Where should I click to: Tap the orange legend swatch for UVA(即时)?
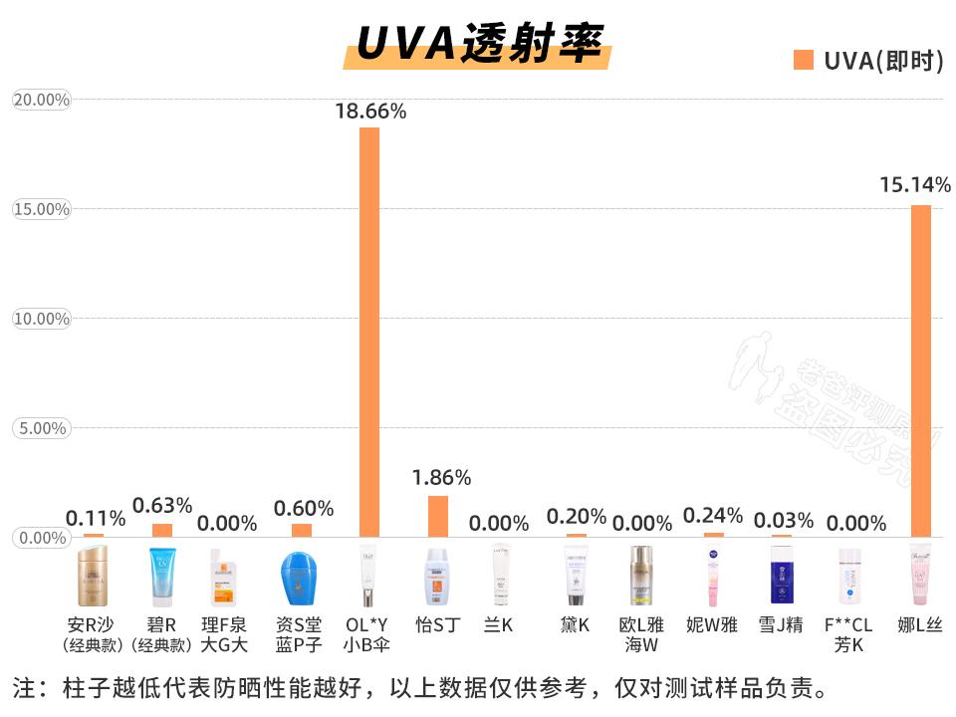click(803, 61)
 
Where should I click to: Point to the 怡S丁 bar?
click(438, 516)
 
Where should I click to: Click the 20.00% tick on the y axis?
click(41, 100)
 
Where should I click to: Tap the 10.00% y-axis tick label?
click(41, 319)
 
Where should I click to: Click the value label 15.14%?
click(915, 184)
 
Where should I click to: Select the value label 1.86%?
click(441, 477)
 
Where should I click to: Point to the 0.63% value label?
click(162, 506)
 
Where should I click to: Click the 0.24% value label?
click(713, 515)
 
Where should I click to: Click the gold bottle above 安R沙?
click(93, 576)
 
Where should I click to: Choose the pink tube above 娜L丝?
click(920, 576)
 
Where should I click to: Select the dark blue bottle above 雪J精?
click(783, 576)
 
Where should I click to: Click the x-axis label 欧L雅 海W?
click(642, 634)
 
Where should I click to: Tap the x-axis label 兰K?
click(498, 625)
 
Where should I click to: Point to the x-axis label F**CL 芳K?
click(848, 634)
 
